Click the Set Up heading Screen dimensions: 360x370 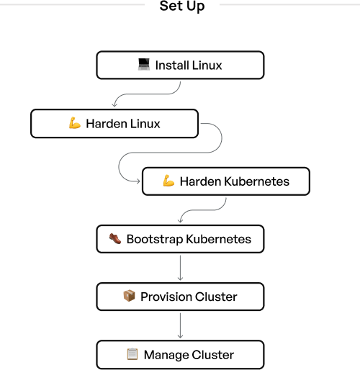click(x=182, y=6)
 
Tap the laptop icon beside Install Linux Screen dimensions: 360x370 click(x=144, y=65)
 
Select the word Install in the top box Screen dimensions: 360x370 click(x=171, y=66)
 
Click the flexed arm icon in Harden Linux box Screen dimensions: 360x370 click(x=75, y=123)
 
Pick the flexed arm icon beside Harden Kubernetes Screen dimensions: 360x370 click(x=168, y=181)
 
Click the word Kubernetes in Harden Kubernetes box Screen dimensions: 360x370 click(x=257, y=181)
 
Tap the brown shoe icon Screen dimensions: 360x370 click(x=115, y=238)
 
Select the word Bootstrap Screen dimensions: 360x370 click(x=155, y=240)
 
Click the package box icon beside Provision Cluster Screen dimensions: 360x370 click(x=129, y=296)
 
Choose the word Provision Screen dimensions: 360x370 click(x=166, y=297)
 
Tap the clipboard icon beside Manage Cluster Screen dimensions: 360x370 click(x=132, y=354)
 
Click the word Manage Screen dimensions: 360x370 click(x=166, y=356)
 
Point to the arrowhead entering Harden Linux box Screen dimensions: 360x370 click(x=114, y=105)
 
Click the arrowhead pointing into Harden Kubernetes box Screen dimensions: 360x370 click(x=138, y=181)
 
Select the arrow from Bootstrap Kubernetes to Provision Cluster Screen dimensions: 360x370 click(x=180, y=268)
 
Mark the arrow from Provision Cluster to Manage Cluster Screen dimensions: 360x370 click(x=180, y=325)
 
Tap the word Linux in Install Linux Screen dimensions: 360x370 click(x=207, y=66)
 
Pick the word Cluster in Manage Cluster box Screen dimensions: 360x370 click(x=213, y=355)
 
